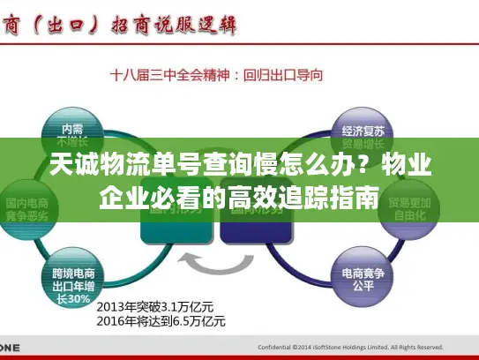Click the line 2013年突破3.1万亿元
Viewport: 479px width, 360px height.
154,305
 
